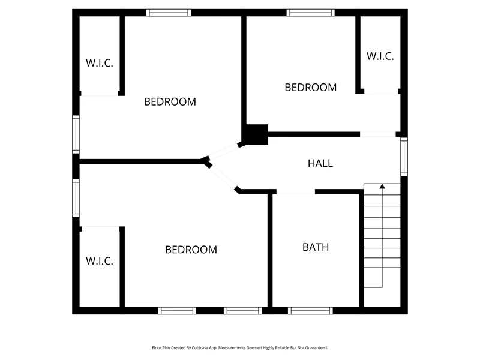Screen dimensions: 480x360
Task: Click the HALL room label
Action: [320, 163]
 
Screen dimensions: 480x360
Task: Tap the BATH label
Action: [316, 247]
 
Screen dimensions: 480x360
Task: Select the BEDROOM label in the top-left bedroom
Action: [170, 101]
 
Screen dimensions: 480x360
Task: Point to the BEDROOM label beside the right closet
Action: [310, 88]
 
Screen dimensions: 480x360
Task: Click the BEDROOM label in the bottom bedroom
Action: [191, 250]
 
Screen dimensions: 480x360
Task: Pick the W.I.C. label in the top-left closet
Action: [100, 63]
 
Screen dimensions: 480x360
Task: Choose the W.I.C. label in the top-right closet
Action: [380, 56]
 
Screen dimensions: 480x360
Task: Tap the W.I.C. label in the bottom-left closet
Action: [100, 261]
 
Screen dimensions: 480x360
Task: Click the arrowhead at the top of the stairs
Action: [382, 186]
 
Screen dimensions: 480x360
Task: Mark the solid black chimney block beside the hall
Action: [257, 134]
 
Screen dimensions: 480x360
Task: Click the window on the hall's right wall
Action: [404, 157]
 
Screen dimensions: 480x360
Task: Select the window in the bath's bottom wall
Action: [310, 311]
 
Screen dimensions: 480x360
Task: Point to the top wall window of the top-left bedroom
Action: [169, 13]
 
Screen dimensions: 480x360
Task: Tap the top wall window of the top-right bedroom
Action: [310, 13]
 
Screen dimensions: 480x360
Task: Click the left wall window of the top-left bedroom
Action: [76, 134]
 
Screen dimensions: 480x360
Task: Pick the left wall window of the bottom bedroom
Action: [76, 198]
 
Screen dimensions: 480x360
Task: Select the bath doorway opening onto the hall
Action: [296, 192]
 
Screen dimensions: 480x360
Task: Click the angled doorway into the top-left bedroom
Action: [224, 152]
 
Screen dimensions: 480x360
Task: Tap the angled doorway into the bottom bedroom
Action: [223, 177]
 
